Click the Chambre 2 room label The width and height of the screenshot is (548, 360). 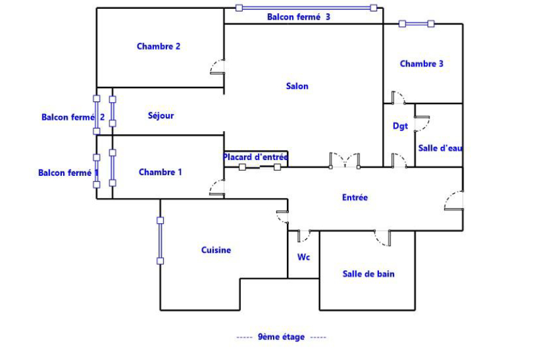click(158, 47)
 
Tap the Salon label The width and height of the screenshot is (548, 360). click(297, 86)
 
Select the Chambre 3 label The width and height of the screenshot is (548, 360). click(421, 64)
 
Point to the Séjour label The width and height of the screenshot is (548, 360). click(161, 115)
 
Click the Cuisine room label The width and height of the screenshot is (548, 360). click(216, 250)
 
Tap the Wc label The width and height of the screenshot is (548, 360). click(303, 257)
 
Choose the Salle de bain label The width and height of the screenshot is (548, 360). click(368, 274)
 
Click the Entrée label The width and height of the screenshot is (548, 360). click(355, 197)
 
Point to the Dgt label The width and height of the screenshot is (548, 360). click(400, 126)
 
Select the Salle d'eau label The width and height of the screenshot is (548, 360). click(440, 148)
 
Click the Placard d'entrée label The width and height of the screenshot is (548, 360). click(255, 157)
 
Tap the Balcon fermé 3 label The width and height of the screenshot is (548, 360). click(298, 17)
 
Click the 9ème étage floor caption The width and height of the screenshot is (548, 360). click(281, 337)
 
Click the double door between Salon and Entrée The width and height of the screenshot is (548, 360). click(345, 161)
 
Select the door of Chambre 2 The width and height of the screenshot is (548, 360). click(218, 67)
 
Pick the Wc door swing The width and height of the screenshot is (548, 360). click(304, 236)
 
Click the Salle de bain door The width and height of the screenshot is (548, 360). click(382, 238)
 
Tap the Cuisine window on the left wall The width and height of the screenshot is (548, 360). click(160, 241)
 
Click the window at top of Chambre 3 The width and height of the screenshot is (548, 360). click(417, 24)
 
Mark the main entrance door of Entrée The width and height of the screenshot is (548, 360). click(454, 200)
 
